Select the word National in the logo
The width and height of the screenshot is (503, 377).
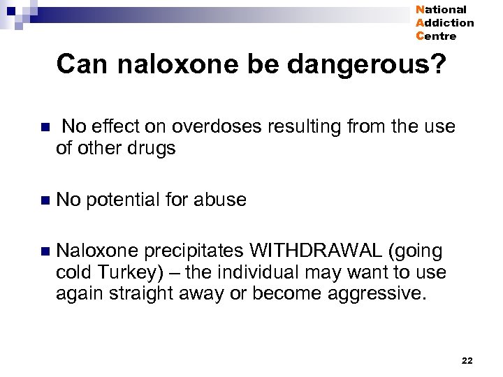point(441,10)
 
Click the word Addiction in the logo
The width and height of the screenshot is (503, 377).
point(444,23)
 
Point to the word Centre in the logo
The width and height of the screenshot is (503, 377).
point(436,36)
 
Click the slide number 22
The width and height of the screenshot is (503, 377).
point(467,360)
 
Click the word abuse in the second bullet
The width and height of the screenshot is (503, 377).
point(222,200)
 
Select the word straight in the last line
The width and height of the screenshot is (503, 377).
point(138,294)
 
